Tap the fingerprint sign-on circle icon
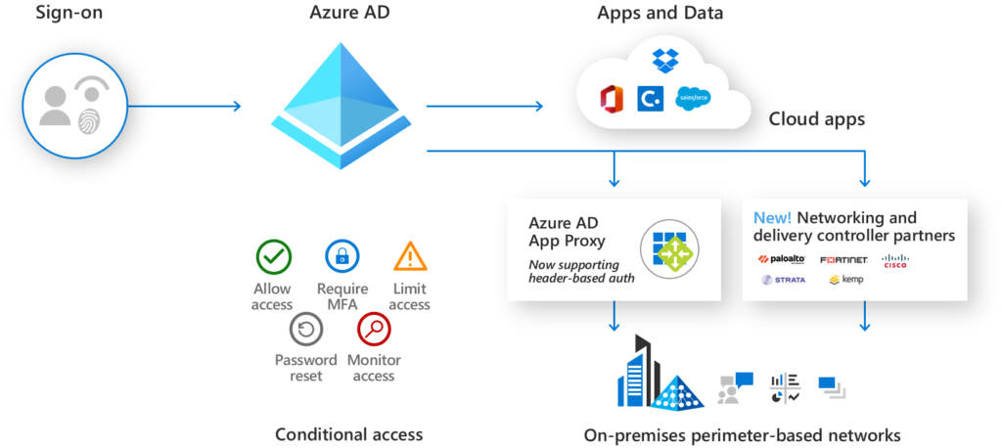(x=76, y=106)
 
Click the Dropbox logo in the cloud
(x=665, y=61)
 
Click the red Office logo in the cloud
(x=613, y=98)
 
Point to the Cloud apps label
(x=816, y=119)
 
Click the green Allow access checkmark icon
(x=273, y=256)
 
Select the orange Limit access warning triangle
(x=409, y=256)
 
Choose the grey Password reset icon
(x=305, y=330)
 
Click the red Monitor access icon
(x=374, y=330)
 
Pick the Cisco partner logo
(x=895, y=259)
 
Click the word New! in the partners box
(x=772, y=217)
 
